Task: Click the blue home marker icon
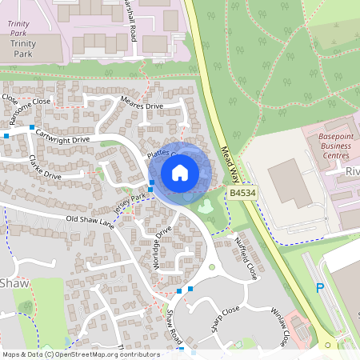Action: [x=180, y=173]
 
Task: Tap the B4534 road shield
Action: [x=242, y=194]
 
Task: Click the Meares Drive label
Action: [x=141, y=105]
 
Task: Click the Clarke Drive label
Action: [x=45, y=167]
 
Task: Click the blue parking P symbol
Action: [x=321, y=287]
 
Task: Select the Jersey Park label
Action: [x=131, y=202]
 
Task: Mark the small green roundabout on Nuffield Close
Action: [x=212, y=266]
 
